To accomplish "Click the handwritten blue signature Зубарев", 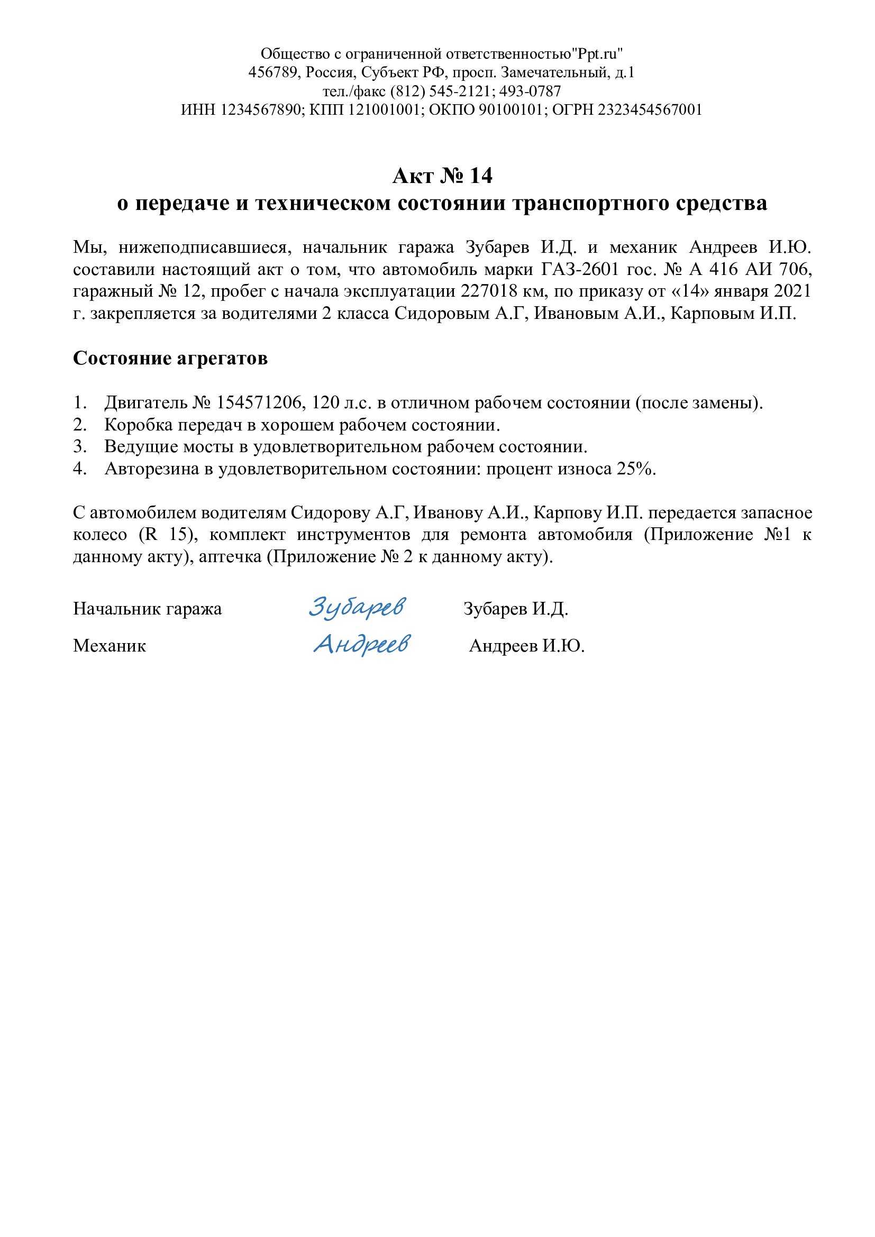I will click(357, 607).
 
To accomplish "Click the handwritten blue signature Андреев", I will click(361, 644).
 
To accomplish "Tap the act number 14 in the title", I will click(480, 176).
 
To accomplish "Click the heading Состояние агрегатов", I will click(170, 358).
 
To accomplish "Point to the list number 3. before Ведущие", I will click(80, 447).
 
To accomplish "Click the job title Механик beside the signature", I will click(110, 646).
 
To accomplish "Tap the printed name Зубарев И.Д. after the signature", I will click(516, 609).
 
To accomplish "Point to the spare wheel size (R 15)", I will click(169, 535).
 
